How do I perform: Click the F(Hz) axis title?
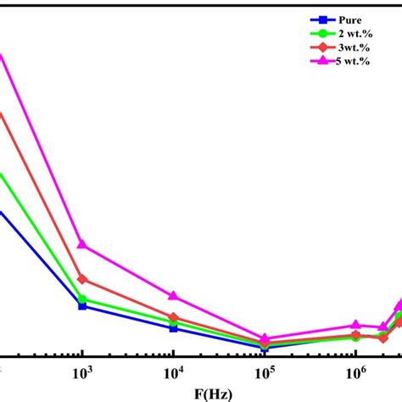tap(210, 393)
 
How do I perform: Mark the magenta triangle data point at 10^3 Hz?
tap(82, 244)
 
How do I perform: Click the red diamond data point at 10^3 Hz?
tap(82, 279)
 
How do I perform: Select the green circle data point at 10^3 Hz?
tap(82, 299)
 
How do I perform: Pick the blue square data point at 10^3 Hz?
tap(82, 305)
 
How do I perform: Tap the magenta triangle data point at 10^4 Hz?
tap(173, 296)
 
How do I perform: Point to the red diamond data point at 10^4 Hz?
tap(173, 317)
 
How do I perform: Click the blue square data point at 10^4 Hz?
tap(173, 328)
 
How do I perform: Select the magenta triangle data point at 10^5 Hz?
tap(265, 338)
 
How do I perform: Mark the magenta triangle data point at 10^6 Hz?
tap(356, 325)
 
